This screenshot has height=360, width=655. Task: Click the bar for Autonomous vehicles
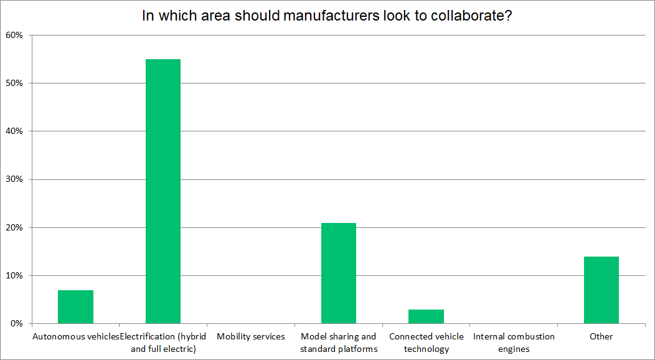(x=75, y=306)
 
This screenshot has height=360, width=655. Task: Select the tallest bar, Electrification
(x=163, y=191)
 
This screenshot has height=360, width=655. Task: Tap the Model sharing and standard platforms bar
(x=339, y=273)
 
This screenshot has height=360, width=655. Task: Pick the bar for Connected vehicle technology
(x=426, y=316)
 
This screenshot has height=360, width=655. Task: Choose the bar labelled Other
(x=601, y=290)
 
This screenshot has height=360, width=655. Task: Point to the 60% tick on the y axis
(x=14, y=35)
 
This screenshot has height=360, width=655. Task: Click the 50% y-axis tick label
(x=14, y=83)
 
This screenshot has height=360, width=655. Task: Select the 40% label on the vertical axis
(x=14, y=131)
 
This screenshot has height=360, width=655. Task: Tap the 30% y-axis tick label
(x=14, y=179)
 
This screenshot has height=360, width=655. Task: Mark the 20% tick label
(x=14, y=227)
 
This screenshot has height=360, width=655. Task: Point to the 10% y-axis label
(x=14, y=275)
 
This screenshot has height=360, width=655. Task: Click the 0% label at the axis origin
(x=17, y=323)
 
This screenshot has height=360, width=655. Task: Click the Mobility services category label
(x=251, y=336)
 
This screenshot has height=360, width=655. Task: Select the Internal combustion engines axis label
(x=514, y=343)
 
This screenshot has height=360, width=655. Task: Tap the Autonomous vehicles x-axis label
(x=75, y=336)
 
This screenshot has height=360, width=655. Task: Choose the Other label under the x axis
(x=601, y=336)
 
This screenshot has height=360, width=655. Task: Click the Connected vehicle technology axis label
(x=426, y=343)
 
